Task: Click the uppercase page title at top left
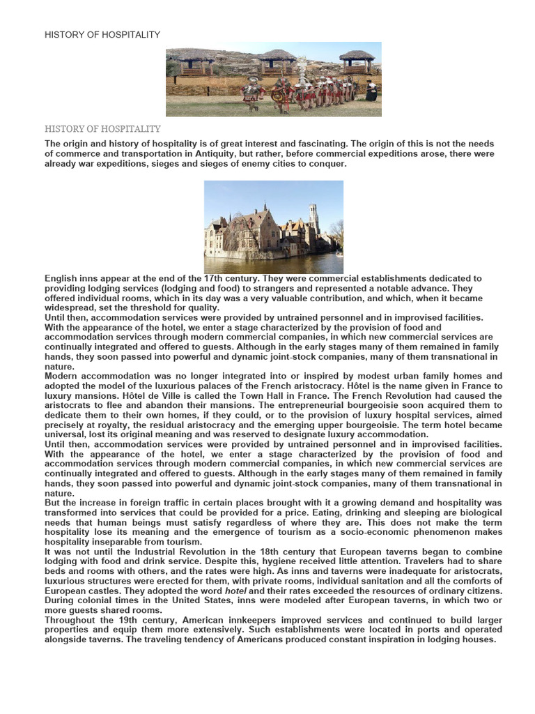tap(102, 35)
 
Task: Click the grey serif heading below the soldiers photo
tap(102, 129)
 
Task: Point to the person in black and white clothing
tap(371, 89)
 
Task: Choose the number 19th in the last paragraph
tap(125, 620)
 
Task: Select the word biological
tap(477, 512)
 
